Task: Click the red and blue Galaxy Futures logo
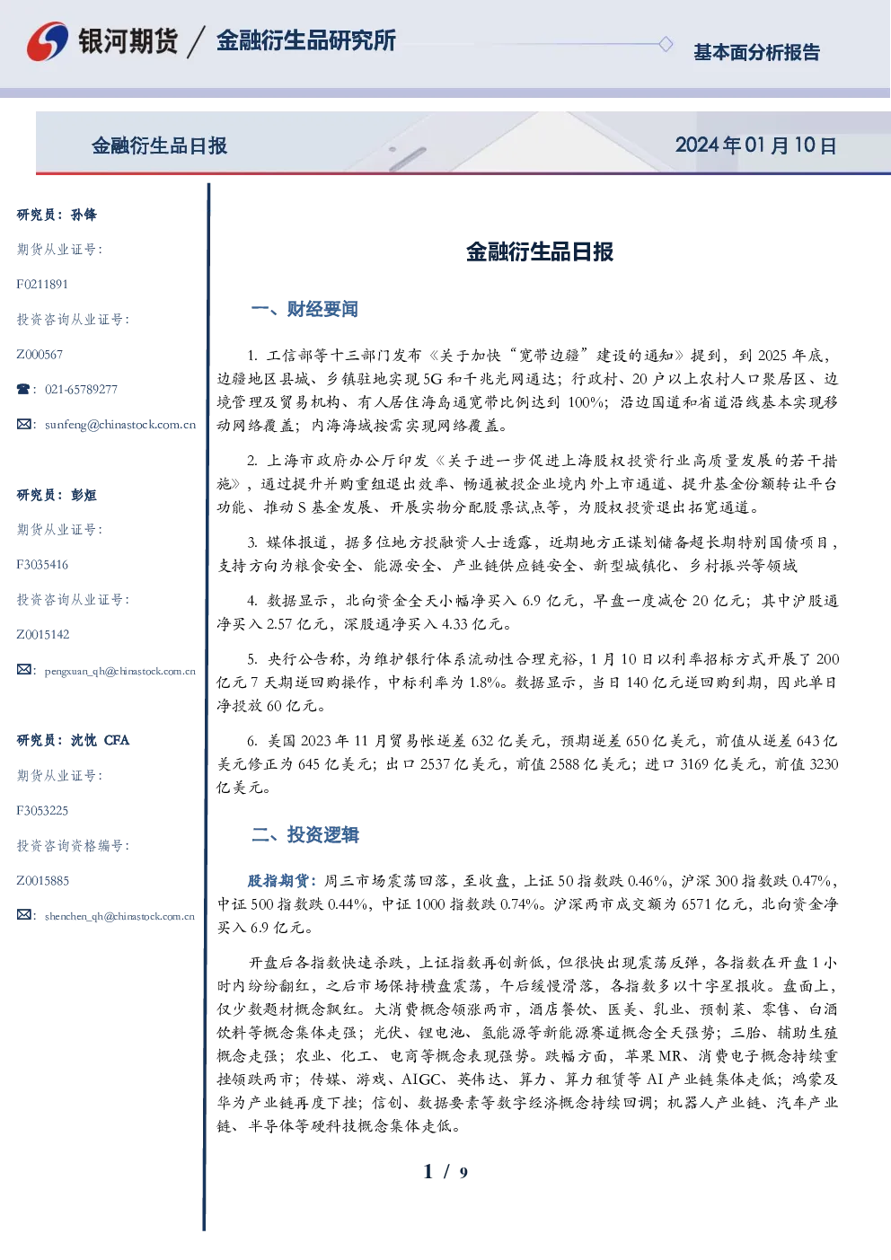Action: click(48, 41)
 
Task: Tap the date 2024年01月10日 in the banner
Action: click(755, 145)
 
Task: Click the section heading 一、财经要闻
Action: click(304, 309)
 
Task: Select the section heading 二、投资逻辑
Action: click(304, 834)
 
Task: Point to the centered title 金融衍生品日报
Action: click(540, 251)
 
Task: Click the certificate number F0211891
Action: click(42, 284)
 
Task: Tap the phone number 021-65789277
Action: click(81, 389)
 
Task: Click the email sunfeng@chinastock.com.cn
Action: click(120, 425)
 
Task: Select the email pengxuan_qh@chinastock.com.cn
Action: click(120, 671)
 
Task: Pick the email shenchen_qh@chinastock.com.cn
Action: click(119, 916)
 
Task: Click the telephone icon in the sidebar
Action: click(23, 389)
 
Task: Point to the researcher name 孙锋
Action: click(84, 215)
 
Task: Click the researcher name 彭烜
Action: click(84, 495)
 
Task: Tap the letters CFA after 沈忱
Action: click(117, 740)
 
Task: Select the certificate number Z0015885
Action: click(43, 880)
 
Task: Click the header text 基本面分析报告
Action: click(756, 52)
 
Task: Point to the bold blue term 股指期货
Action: click(278, 880)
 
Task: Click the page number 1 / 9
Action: click(445, 1172)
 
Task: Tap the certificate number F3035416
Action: click(42, 564)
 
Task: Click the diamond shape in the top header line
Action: click(666, 44)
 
